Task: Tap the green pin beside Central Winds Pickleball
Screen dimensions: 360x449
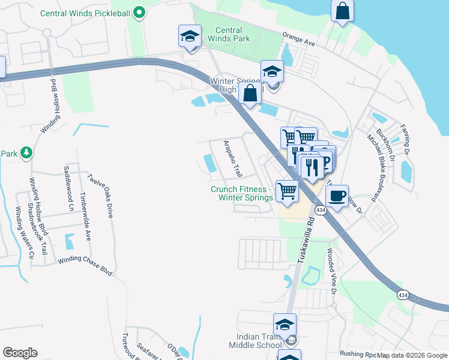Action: pyautogui.click(x=139, y=12)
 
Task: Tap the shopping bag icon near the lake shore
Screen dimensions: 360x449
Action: pyautogui.click(x=342, y=12)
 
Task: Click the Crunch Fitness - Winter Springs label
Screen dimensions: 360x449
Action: pyautogui.click(x=241, y=193)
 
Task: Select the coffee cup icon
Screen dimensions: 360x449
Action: pyautogui.click(x=337, y=195)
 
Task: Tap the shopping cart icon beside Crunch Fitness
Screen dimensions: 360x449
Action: pyautogui.click(x=287, y=191)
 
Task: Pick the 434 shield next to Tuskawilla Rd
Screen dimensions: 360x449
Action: pyautogui.click(x=321, y=209)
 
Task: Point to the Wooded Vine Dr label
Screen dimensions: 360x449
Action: pyautogui.click(x=330, y=271)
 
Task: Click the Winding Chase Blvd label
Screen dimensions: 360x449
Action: pyautogui.click(x=85, y=266)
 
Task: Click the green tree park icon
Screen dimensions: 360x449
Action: pyautogui.click(x=26, y=153)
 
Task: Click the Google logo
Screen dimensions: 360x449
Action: pyautogui.click(x=20, y=353)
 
